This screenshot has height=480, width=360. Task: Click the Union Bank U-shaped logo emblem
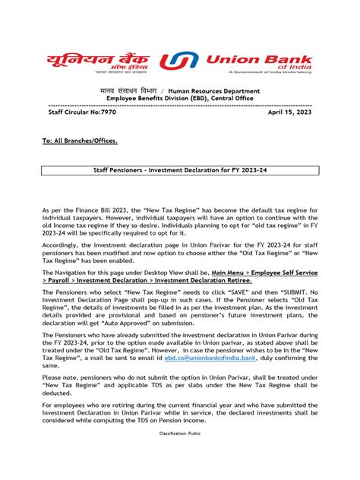187,64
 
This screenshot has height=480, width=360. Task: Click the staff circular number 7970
76,111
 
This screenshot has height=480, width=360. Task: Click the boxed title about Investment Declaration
179,173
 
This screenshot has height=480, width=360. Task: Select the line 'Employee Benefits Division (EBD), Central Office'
179,99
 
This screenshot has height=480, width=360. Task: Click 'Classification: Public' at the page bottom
179,454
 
